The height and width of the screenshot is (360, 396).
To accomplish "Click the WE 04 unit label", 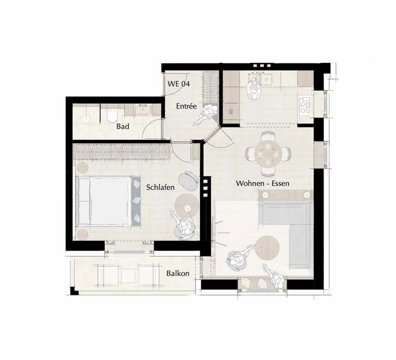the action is pyautogui.click(x=179, y=84).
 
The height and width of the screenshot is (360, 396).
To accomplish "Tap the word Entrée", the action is pyautogui.click(x=187, y=106).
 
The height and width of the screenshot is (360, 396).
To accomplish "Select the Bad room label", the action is pyautogui.click(x=123, y=126).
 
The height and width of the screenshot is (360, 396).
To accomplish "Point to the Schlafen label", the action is pyautogui.click(x=160, y=187).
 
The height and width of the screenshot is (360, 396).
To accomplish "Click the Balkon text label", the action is pyautogui.click(x=178, y=273).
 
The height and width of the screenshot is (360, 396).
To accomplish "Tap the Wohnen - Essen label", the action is pyautogui.click(x=263, y=183).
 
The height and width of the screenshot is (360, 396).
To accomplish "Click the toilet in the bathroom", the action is pyautogui.click(x=112, y=115).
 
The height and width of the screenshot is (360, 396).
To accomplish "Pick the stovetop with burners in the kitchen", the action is pyautogui.click(x=305, y=105).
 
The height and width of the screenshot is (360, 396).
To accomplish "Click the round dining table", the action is pyautogui.click(x=268, y=153).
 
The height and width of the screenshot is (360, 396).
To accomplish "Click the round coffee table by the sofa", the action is pyautogui.click(x=267, y=248).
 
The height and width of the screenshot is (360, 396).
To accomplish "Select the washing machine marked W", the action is pyautogui.click(x=231, y=111).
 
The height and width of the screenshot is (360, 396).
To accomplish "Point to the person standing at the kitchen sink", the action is pyautogui.click(x=253, y=87).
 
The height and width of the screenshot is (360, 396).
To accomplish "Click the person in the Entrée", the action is pyautogui.click(x=206, y=115).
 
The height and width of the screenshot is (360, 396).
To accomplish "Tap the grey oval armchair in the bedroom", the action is pyautogui.click(x=188, y=181).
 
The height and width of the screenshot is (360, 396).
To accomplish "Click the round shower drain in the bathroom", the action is pyautogui.click(x=86, y=119).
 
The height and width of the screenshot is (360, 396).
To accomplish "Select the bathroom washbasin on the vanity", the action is pyautogui.click(x=143, y=109).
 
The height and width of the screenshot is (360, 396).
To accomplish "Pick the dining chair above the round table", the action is pyautogui.click(x=268, y=136).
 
